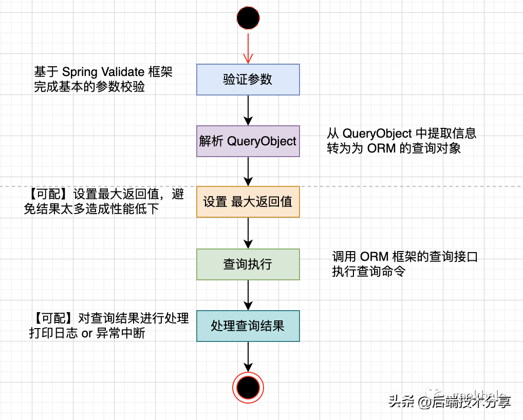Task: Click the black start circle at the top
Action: coord(248,18)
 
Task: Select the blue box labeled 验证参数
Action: coord(248,80)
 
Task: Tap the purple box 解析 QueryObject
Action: coord(248,141)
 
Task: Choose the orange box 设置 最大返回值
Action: coord(248,202)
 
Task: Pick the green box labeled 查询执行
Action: coord(248,264)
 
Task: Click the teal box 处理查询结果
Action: coord(248,326)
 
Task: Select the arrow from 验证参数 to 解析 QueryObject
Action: coord(248,110)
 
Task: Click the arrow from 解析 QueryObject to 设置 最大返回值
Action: coord(248,171)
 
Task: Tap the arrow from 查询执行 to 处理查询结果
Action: coord(248,295)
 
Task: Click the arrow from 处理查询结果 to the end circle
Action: coord(248,356)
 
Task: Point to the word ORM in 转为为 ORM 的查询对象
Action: coord(382,148)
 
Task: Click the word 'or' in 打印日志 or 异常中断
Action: coord(87,333)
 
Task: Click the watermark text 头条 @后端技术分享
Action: coord(450,401)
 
